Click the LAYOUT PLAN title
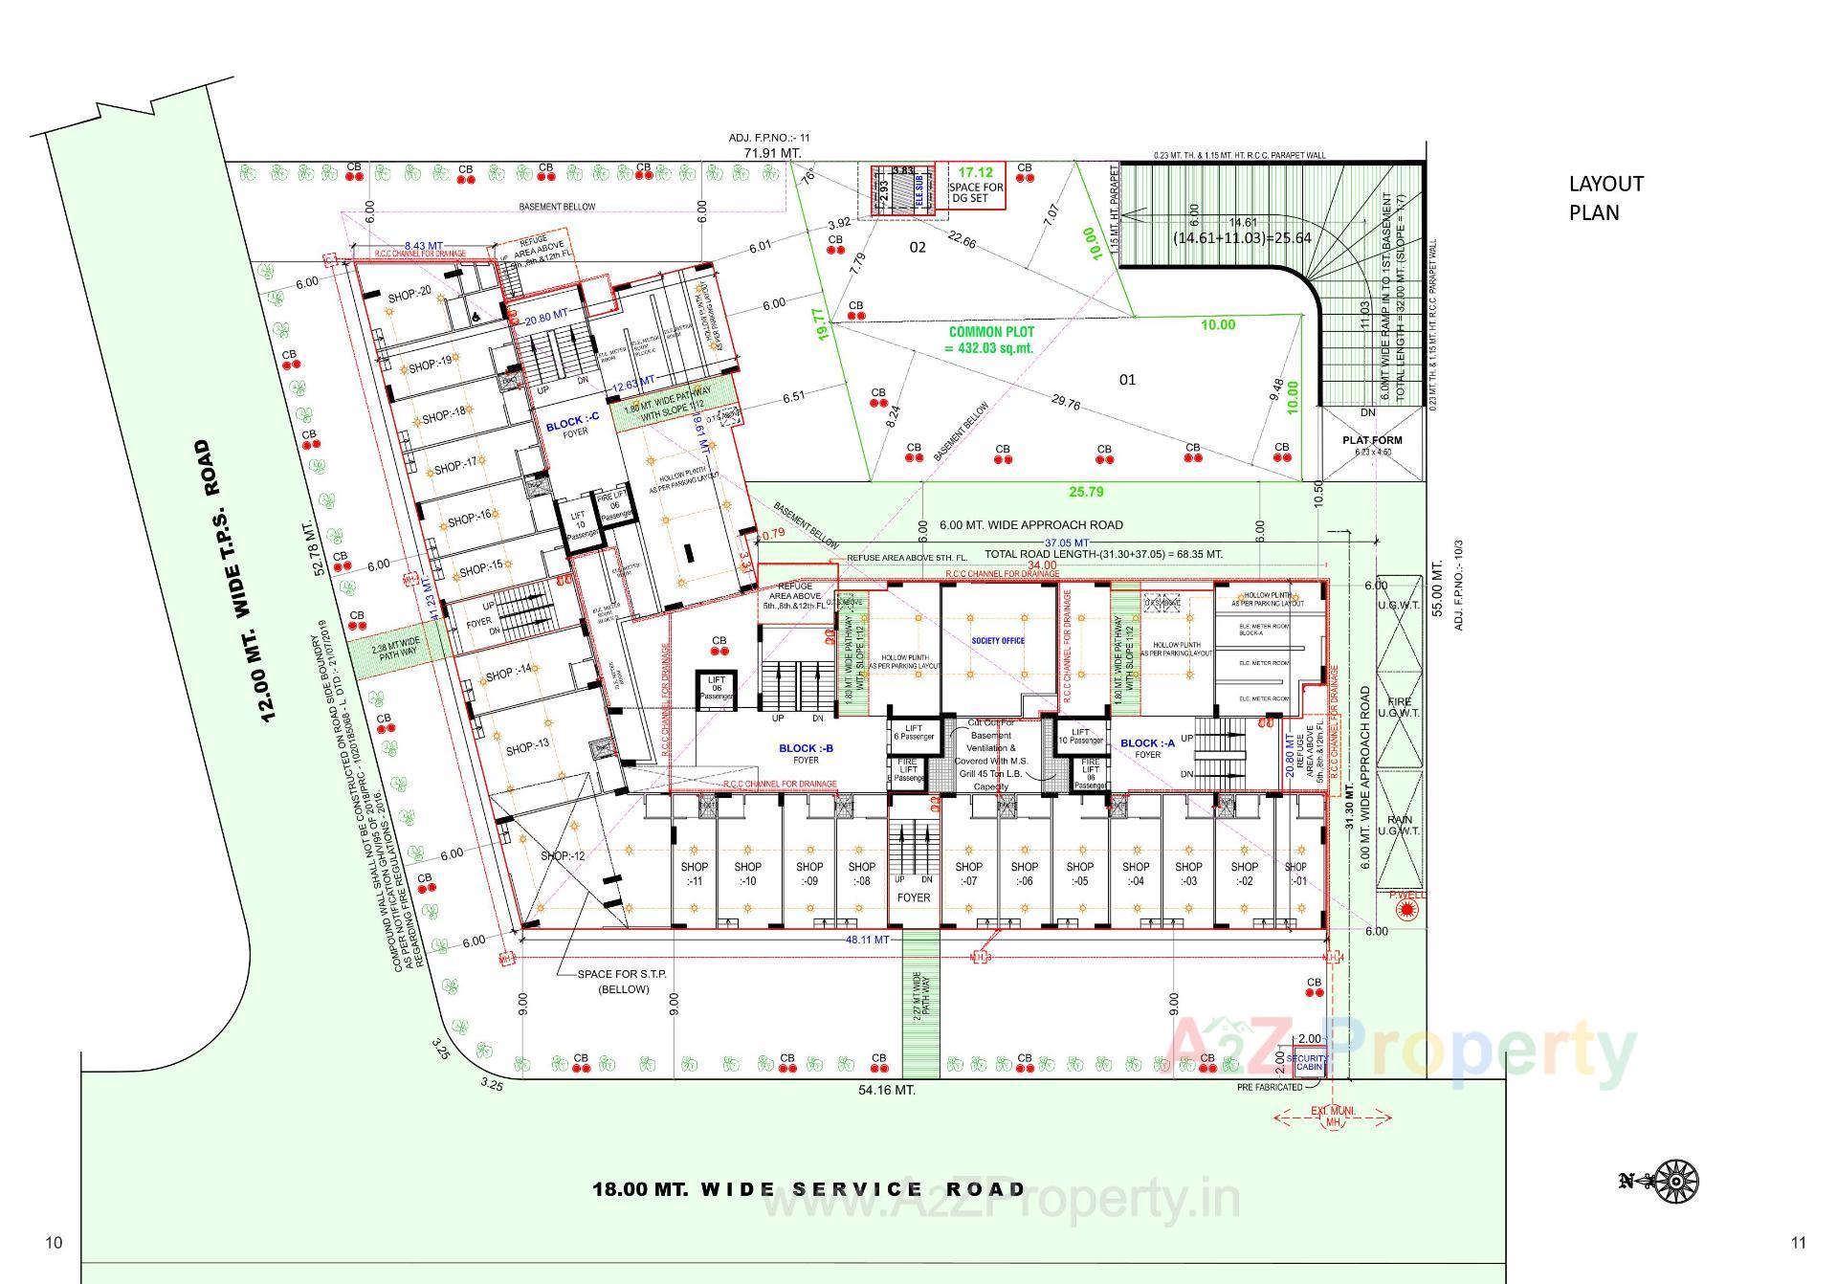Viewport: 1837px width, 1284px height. click(x=1605, y=197)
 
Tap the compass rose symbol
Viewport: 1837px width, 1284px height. click(x=1674, y=1181)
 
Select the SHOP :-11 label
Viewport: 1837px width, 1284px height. click(x=695, y=874)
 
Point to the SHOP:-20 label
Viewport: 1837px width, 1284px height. click(x=409, y=296)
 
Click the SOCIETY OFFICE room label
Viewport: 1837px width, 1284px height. click(x=998, y=641)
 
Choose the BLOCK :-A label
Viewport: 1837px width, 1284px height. click(x=1147, y=743)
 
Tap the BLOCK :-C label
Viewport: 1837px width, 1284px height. click(x=572, y=425)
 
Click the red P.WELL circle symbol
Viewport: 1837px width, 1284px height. click(x=1405, y=910)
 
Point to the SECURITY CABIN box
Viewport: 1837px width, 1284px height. click(x=1308, y=1062)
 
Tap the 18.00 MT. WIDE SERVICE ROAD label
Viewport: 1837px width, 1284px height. click(x=808, y=1189)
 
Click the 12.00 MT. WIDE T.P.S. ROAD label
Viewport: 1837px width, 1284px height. click(x=236, y=581)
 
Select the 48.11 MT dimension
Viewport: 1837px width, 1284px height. click(x=867, y=940)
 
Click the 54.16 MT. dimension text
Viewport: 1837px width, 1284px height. click(x=886, y=1090)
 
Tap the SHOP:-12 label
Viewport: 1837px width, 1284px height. click(x=562, y=855)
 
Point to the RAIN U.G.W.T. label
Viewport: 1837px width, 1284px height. click(x=1399, y=825)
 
